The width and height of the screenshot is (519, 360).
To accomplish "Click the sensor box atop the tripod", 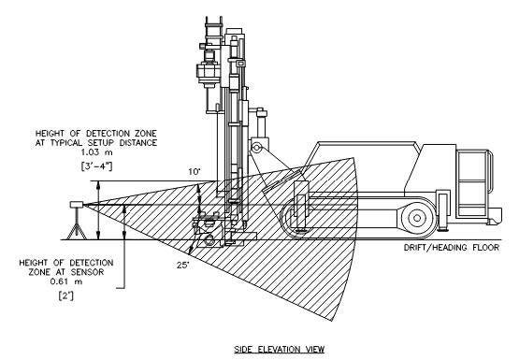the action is tap(76, 205).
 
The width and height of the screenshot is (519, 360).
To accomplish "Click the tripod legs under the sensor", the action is tap(77, 230).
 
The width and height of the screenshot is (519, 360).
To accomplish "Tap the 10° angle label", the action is tap(195, 172).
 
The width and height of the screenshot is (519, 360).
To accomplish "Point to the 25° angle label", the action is tap(183, 265).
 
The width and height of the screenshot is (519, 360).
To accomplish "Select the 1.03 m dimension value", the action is tap(96, 152).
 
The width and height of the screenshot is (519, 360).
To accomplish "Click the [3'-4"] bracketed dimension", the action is tap(96, 166).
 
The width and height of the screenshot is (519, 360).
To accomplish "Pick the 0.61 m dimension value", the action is tap(66, 281).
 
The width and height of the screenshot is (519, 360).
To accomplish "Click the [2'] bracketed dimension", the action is tap(66, 295).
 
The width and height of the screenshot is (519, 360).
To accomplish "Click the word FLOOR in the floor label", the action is tap(485, 247).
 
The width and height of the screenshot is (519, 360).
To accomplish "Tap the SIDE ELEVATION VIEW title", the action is tap(280, 349).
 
